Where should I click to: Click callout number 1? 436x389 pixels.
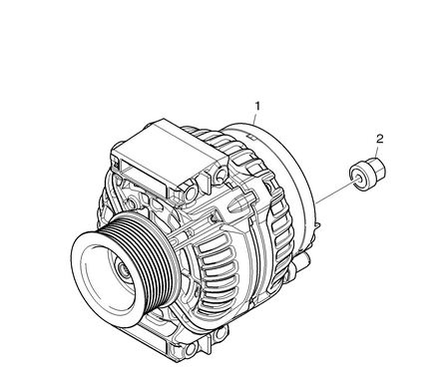click(x=257, y=106)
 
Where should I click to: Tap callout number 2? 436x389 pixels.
click(x=380, y=139)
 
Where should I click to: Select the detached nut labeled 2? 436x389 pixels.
click(x=367, y=174)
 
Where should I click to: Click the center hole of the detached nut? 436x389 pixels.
click(x=358, y=179)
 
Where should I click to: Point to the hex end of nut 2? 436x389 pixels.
click(x=378, y=168)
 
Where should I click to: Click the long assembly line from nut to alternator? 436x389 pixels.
click(x=336, y=192)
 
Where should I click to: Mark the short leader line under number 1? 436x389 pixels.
click(x=254, y=119)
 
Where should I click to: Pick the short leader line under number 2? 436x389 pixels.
click(x=376, y=153)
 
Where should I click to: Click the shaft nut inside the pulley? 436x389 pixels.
click(x=124, y=269)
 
